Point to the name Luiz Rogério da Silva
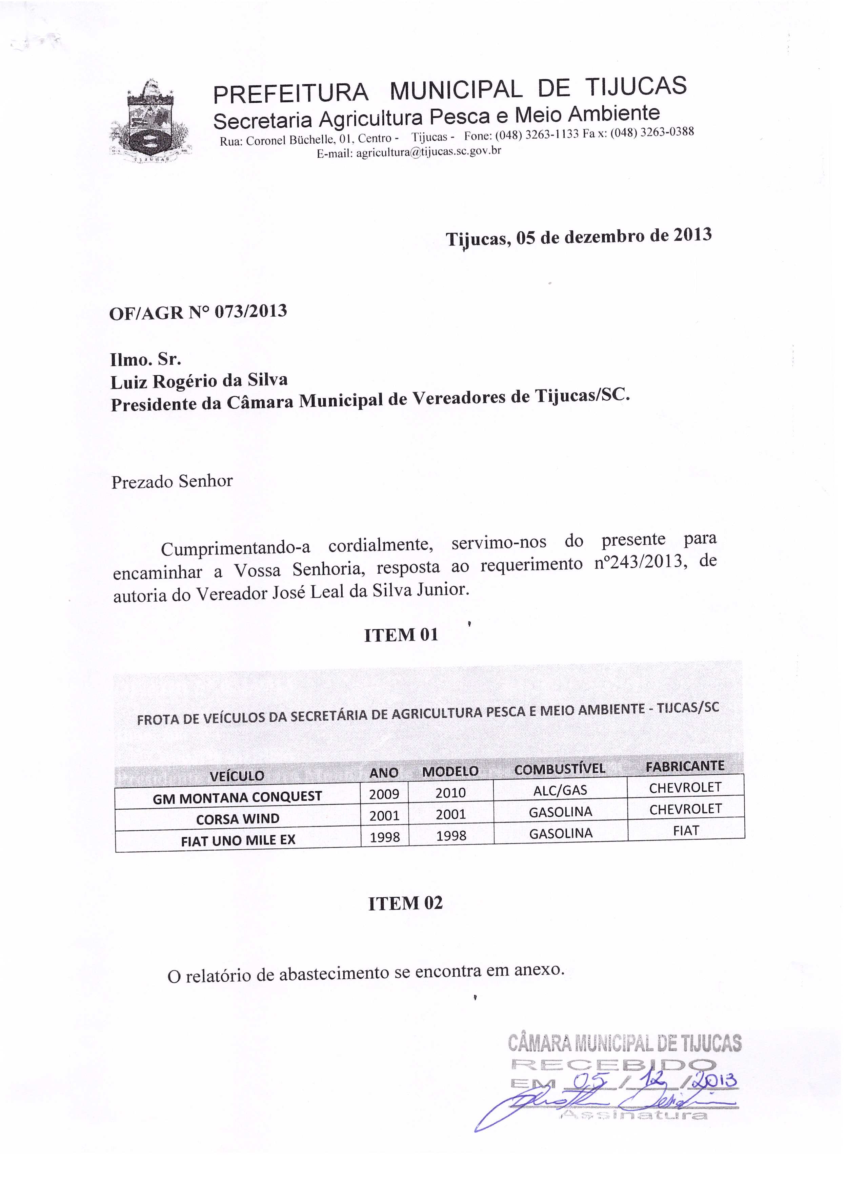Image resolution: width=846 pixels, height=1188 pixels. tap(199, 381)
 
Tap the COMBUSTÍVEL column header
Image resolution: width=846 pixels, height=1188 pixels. tap(560, 769)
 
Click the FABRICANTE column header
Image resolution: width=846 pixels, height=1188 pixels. tap(685, 766)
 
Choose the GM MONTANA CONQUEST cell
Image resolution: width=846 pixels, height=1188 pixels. tap(238, 797)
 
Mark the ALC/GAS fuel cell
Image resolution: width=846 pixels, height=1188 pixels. tap(560, 791)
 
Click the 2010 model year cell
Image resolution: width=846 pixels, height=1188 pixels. tap(450, 793)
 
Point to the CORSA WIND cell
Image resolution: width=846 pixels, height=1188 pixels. tap(238, 819)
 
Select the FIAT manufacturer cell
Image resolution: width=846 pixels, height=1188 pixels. tap(686, 831)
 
